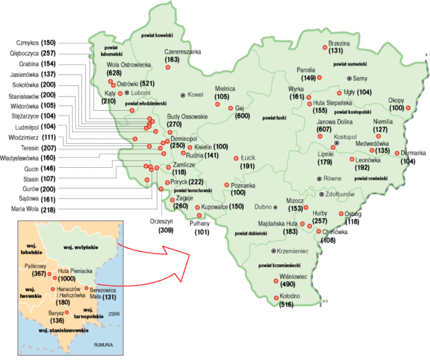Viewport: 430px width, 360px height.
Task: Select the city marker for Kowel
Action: [182, 94]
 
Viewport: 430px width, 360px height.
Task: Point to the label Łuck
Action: [248, 158]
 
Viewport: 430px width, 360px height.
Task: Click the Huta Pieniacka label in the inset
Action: [74, 271]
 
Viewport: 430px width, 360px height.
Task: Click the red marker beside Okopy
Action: [411, 108]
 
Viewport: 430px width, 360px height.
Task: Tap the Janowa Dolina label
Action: [334, 122]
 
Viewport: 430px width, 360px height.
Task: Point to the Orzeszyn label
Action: [164, 222]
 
